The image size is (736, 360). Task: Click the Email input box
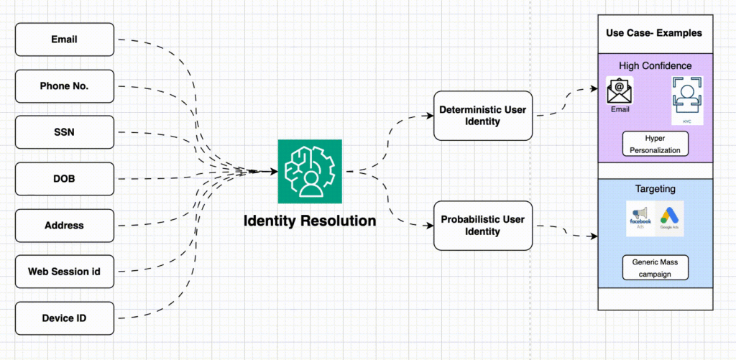pos(65,40)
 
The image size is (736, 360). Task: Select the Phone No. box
pos(65,86)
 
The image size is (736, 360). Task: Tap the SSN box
pos(65,132)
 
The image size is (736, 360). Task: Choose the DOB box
pos(65,179)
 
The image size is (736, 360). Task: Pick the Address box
pos(65,226)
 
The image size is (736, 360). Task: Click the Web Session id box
pos(65,272)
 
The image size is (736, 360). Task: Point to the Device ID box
pos(65,318)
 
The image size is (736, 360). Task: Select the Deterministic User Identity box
pos(483,116)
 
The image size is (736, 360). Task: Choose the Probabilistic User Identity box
pos(483,226)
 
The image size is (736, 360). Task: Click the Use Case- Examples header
pos(654,33)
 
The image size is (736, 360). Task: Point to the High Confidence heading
pos(654,66)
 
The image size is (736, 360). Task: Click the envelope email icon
pos(620,91)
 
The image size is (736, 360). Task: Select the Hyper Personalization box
pos(654,143)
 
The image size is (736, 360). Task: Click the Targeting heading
pos(654,189)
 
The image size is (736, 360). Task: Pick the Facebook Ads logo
pos(640,218)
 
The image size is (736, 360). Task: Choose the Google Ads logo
pos(670,218)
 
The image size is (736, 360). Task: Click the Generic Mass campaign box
pos(655,267)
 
